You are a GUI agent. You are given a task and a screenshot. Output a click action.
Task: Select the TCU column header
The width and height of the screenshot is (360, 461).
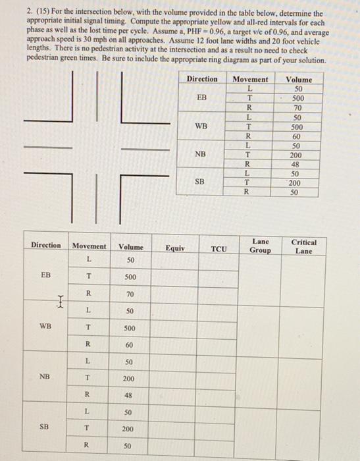tap(219, 248)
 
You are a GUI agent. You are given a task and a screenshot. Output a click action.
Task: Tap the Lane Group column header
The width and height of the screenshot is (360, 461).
tap(260, 246)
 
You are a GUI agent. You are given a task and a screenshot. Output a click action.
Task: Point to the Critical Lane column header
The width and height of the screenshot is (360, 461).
tap(303, 246)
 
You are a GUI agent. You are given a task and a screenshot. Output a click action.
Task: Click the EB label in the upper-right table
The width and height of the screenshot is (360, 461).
tap(202, 96)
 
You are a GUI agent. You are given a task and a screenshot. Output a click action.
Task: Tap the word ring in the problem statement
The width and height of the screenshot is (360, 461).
tap(222, 60)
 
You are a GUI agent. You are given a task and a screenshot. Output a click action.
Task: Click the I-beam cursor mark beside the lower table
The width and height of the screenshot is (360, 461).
tap(61, 303)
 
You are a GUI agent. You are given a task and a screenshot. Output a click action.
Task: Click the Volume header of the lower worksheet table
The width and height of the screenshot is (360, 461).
tap(130, 247)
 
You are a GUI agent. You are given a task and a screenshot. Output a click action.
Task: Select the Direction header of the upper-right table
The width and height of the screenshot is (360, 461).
tap(201, 79)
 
